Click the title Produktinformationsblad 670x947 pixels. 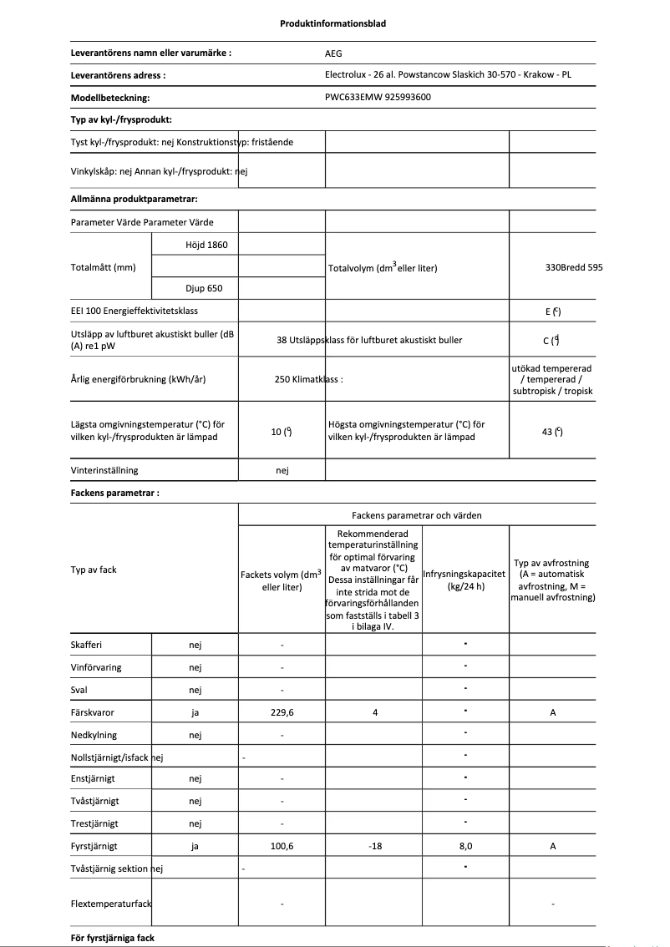click(x=332, y=23)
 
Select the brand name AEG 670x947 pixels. click(x=333, y=53)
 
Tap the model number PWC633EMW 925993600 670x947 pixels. click(x=378, y=97)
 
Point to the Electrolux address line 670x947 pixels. click(x=448, y=74)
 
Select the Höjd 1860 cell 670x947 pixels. click(x=195, y=245)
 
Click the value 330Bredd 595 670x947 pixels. click(x=573, y=267)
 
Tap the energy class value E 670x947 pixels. click(x=551, y=311)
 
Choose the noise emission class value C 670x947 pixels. click(x=551, y=340)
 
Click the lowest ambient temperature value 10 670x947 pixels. click(x=281, y=431)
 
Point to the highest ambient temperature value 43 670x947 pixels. click(x=551, y=431)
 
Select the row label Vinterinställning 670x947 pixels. click(x=104, y=470)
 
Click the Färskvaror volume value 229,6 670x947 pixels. click(x=282, y=712)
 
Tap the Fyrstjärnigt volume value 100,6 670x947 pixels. click(x=282, y=846)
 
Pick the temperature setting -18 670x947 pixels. click(x=374, y=846)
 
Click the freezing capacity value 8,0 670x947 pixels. click(x=465, y=846)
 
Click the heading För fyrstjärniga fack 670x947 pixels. click(x=113, y=938)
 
